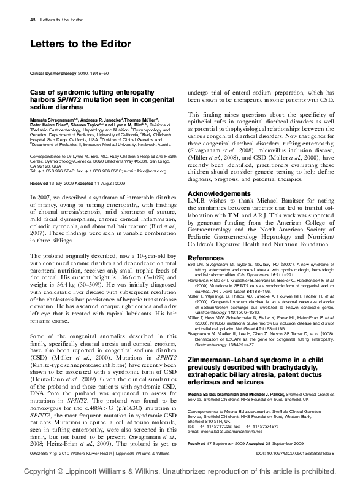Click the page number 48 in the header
tap(33, 20)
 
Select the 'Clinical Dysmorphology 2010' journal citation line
tap(67, 73)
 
